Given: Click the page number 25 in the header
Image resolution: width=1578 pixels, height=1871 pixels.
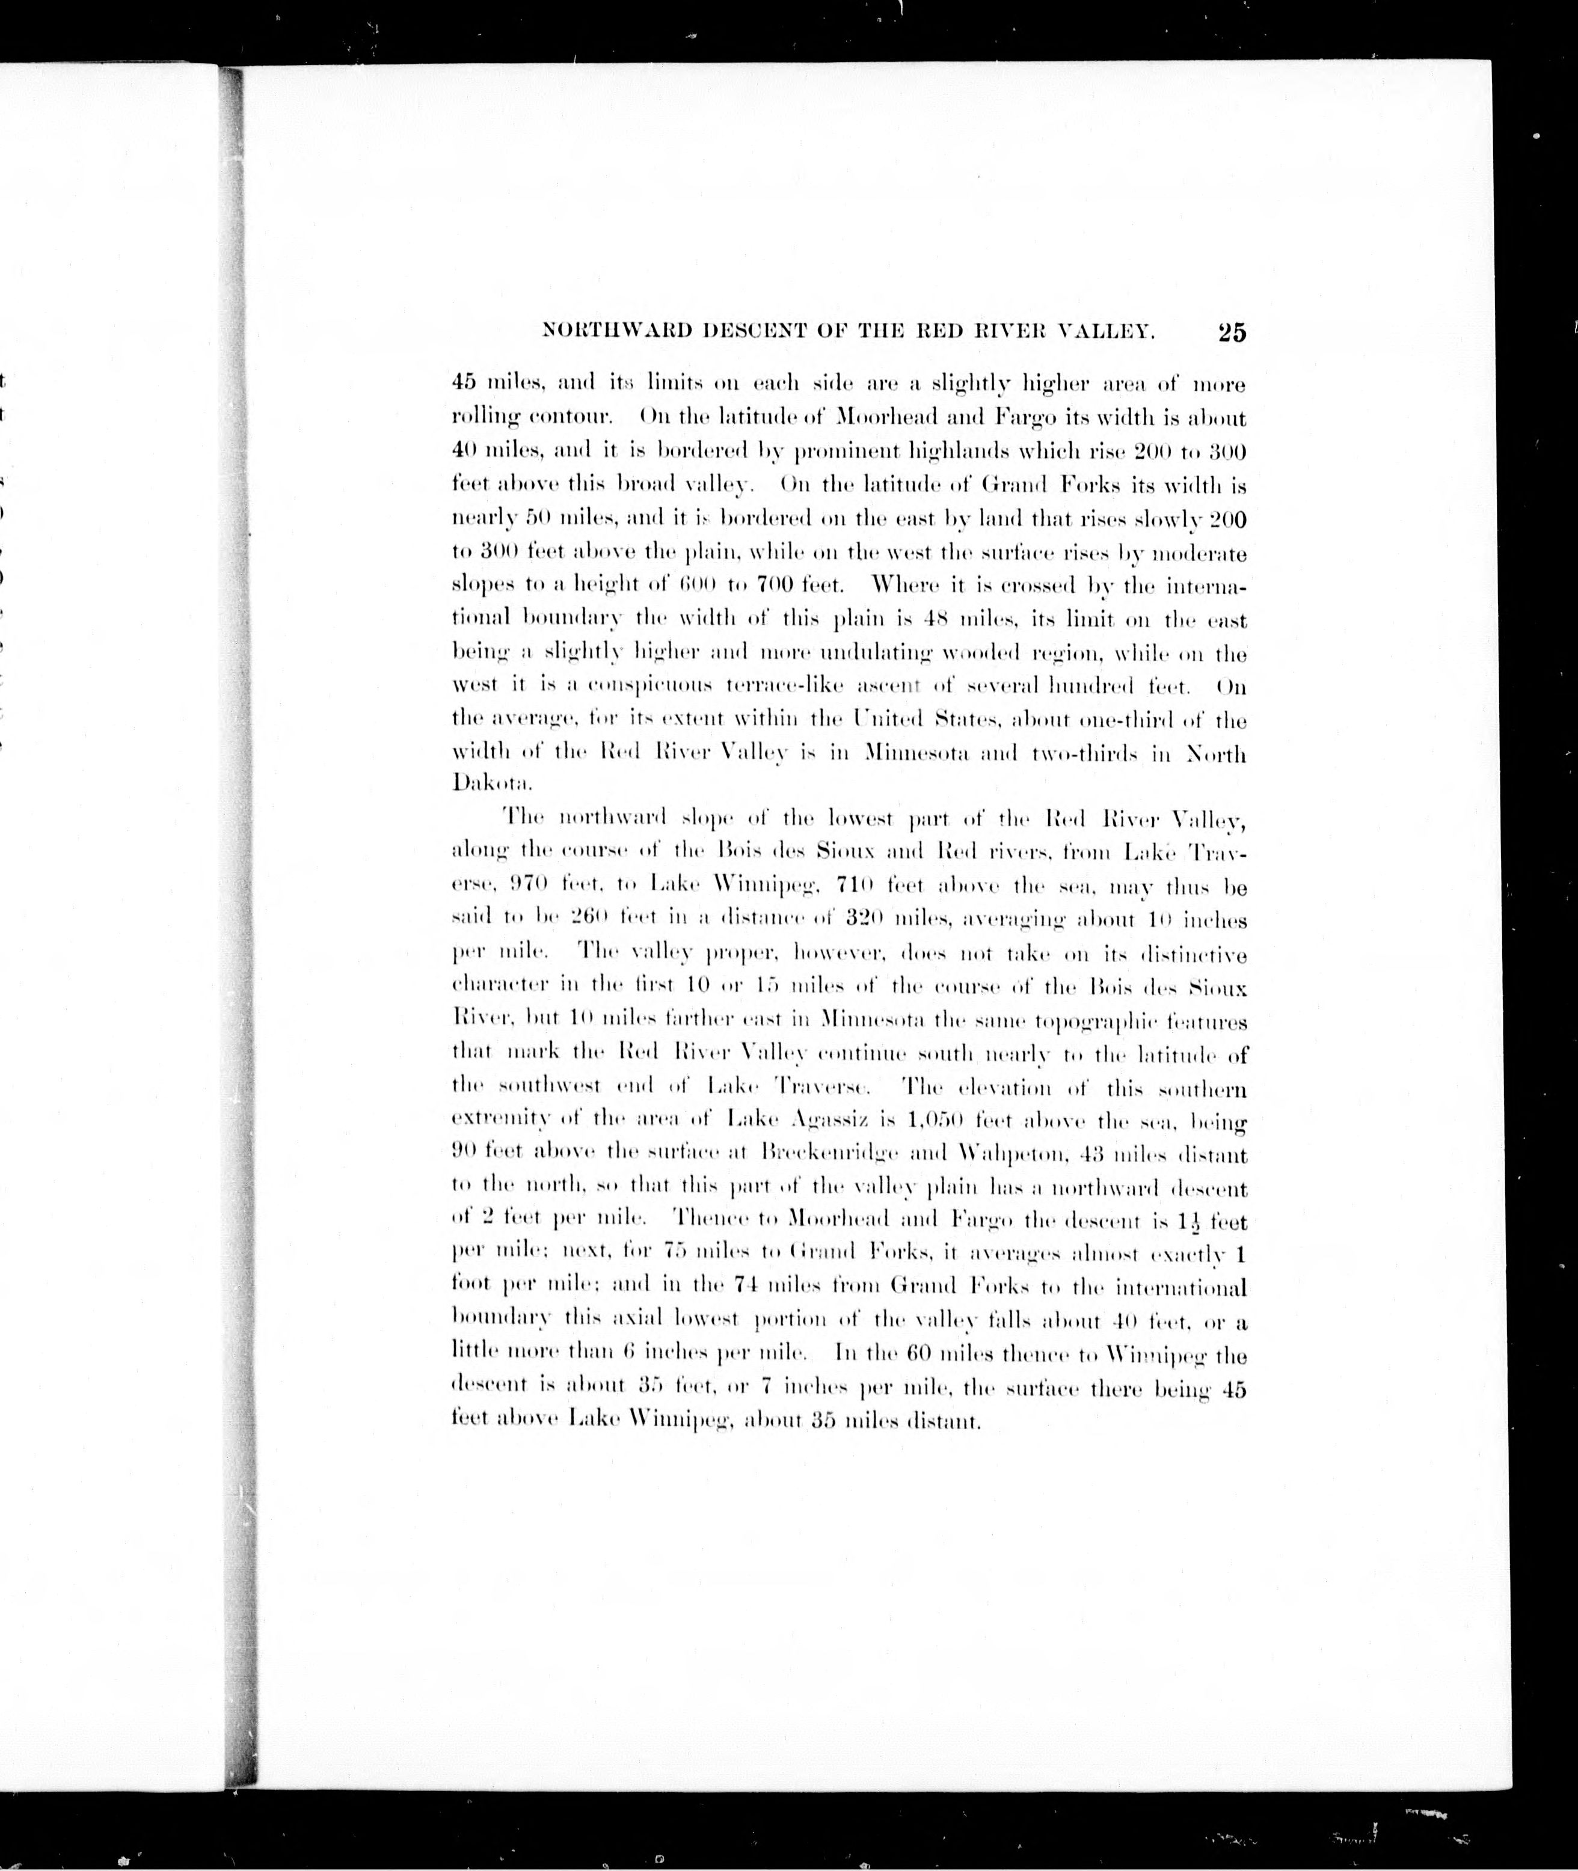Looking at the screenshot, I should tap(1231, 332).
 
